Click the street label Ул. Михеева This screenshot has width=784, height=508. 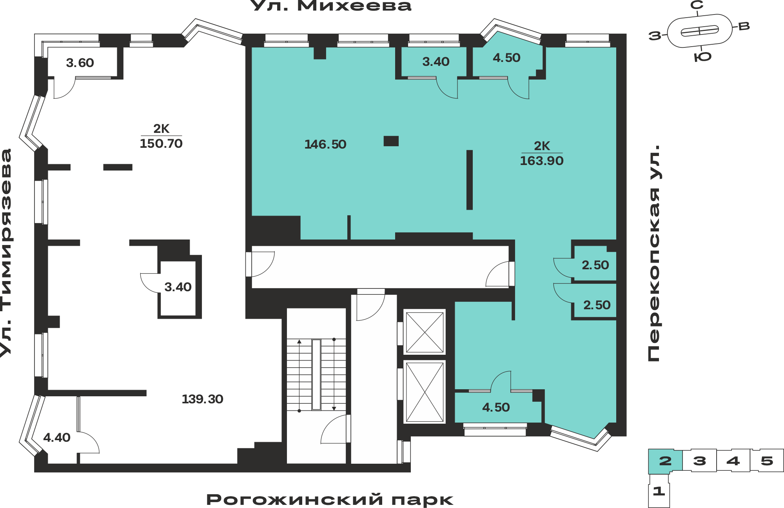point(330,5)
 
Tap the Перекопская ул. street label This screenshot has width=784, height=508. point(654,253)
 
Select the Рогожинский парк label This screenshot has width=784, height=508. point(330,500)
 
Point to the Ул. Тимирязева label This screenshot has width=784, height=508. point(6,253)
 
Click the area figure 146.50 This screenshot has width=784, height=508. point(325,144)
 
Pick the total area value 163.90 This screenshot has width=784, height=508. point(542,161)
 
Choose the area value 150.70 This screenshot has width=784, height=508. point(161,143)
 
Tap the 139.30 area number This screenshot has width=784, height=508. point(202,399)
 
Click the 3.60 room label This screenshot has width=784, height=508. point(80,63)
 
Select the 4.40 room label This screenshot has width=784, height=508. point(57,437)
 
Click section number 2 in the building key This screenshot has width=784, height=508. point(665,461)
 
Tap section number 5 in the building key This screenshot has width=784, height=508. point(767,461)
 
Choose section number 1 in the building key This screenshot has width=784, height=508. point(659,491)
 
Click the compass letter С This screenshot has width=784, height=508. point(697,5)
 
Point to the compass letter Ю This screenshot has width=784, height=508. point(702,57)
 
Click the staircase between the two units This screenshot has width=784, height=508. point(316,375)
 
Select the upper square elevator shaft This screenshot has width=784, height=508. point(425,332)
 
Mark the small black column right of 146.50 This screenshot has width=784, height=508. point(391,141)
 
